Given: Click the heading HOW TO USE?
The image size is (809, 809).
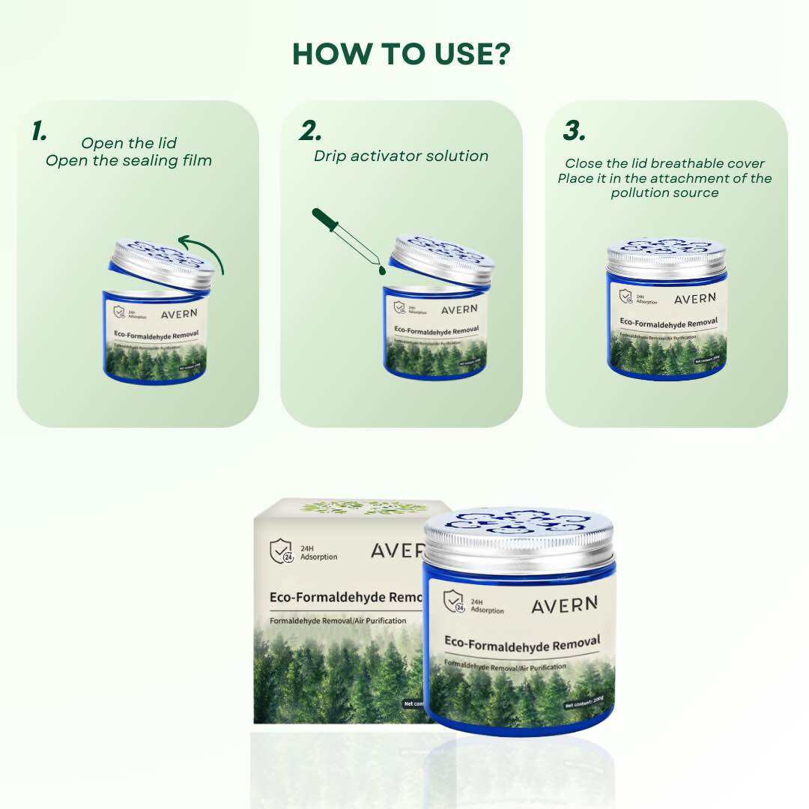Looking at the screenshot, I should [401, 54].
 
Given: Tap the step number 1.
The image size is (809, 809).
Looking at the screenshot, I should [39, 131].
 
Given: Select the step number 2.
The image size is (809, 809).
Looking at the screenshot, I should [310, 131].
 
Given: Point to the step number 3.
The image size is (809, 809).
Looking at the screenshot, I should [574, 131].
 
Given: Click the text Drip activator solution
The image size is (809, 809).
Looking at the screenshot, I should [401, 157].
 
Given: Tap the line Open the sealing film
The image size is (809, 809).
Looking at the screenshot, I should [129, 160].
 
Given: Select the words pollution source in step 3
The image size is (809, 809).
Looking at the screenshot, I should [664, 193].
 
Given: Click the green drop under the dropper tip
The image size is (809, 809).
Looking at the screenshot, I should [381, 267].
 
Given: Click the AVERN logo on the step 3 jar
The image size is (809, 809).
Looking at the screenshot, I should [695, 299].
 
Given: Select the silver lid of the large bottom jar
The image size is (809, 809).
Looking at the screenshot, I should [518, 539].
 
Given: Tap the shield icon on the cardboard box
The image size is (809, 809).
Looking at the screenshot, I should [281, 551].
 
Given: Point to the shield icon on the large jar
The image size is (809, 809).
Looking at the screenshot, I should [453, 602].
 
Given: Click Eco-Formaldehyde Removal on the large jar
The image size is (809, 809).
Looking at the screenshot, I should [521, 642].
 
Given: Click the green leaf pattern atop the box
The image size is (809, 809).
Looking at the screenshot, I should [352, 507].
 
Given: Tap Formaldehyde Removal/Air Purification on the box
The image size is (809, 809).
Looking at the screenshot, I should [339, 621].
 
